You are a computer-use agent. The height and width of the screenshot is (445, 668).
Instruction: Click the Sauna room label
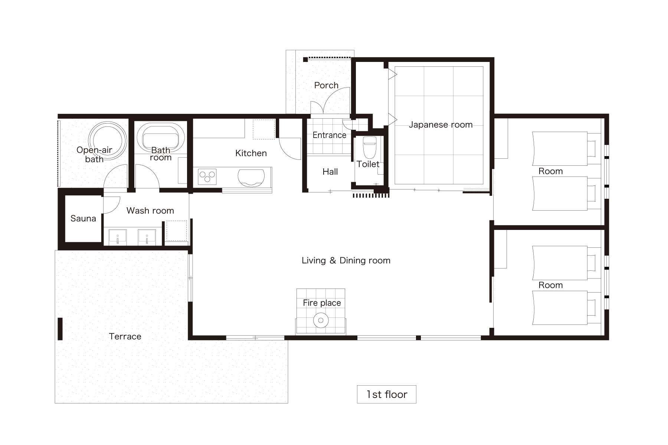[x=83, y=218]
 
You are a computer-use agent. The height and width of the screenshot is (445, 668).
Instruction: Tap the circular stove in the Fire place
[x=321, y=320]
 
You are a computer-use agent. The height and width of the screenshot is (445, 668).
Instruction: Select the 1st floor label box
[x=386, y=394]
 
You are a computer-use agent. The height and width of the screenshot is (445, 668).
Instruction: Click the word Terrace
[x=125, y=336]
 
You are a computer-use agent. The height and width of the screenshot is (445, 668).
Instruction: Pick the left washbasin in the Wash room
[x=118, y=237]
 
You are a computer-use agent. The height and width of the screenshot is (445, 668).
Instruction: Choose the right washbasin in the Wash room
[x=147, y=237]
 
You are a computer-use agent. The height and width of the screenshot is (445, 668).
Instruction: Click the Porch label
[x=326, y=85]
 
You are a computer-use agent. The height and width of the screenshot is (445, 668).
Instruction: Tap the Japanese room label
[x=441, y=125]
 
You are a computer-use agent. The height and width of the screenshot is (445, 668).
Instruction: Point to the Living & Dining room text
[x=346, y=260]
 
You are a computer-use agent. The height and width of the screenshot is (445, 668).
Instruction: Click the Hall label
[x=330, y=172]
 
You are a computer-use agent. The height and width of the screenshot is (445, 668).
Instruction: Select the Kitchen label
[x=251, y=153]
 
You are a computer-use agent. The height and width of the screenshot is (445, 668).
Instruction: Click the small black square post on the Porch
[x=305, y=59]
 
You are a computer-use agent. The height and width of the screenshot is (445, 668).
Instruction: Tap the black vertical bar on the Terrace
[x=60, y=329]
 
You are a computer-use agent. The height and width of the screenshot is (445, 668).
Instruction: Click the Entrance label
[x=329, y=135]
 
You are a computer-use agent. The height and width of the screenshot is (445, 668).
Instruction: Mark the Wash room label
[x=150, y=211]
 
